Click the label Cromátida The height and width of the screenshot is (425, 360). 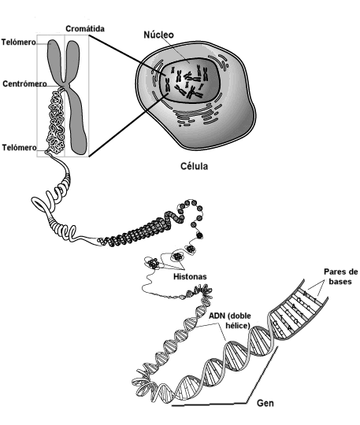[85, 29]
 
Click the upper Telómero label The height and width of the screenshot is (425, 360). [18, 42]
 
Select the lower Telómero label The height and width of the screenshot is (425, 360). [19, 147]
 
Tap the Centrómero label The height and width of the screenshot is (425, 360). [24, 84]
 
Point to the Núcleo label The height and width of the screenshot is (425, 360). [158, 35]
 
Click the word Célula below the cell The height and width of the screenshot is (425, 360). [195, 166]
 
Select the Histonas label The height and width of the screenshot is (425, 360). [190, 276]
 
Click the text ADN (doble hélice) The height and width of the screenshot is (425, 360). [230, 320]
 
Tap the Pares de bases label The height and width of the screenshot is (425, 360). [341, 276]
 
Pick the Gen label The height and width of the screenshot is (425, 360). [265, 403]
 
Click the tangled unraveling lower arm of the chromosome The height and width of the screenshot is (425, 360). [57, 122]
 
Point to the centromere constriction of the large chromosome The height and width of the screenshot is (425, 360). [65, 84]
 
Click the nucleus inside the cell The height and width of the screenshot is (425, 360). [189, 80]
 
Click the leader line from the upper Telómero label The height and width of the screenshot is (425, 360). [43, 43]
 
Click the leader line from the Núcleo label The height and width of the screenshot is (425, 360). [176, 49]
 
